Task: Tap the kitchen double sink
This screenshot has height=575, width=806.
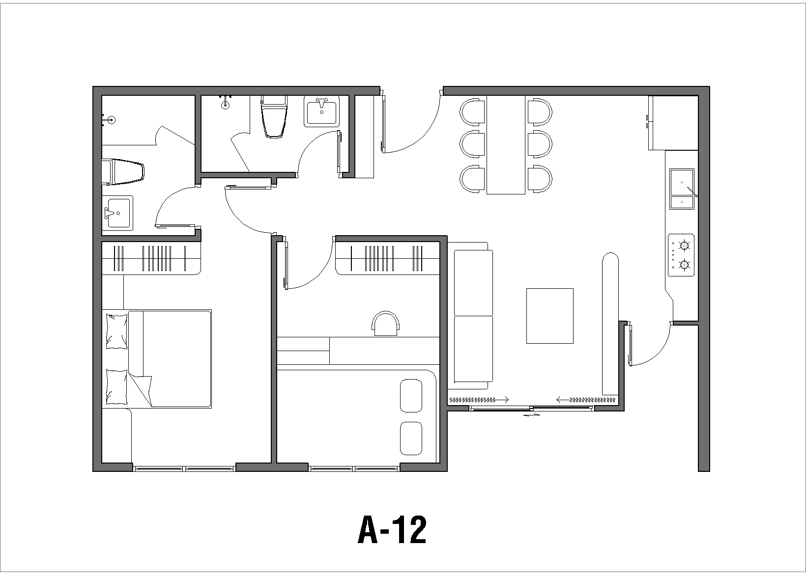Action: (x=682, y=189)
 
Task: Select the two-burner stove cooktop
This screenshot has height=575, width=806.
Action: (x=681, y=255)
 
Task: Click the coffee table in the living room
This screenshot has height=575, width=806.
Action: (x=550, y=316)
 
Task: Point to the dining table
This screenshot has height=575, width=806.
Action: (x=506, y=145)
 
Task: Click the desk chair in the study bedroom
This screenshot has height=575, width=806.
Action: (x=386, y=324)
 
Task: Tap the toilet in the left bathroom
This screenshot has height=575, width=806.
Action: (x=124, y=171)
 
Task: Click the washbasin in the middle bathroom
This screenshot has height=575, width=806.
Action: (x=322, y=112)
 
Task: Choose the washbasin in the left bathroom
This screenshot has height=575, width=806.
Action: (x=117, y=213)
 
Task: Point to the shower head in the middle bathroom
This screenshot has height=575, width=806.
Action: (x=226, y=103)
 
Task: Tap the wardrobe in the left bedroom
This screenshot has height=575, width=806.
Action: (x=152, y=259)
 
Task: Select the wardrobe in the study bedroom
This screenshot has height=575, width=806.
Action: (x=387, y=259)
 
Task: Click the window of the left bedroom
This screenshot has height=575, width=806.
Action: (x=184, y=468)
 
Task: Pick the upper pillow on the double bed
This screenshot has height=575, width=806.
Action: (x=116, y=331)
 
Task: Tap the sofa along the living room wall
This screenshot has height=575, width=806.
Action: (x=473, y=316)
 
